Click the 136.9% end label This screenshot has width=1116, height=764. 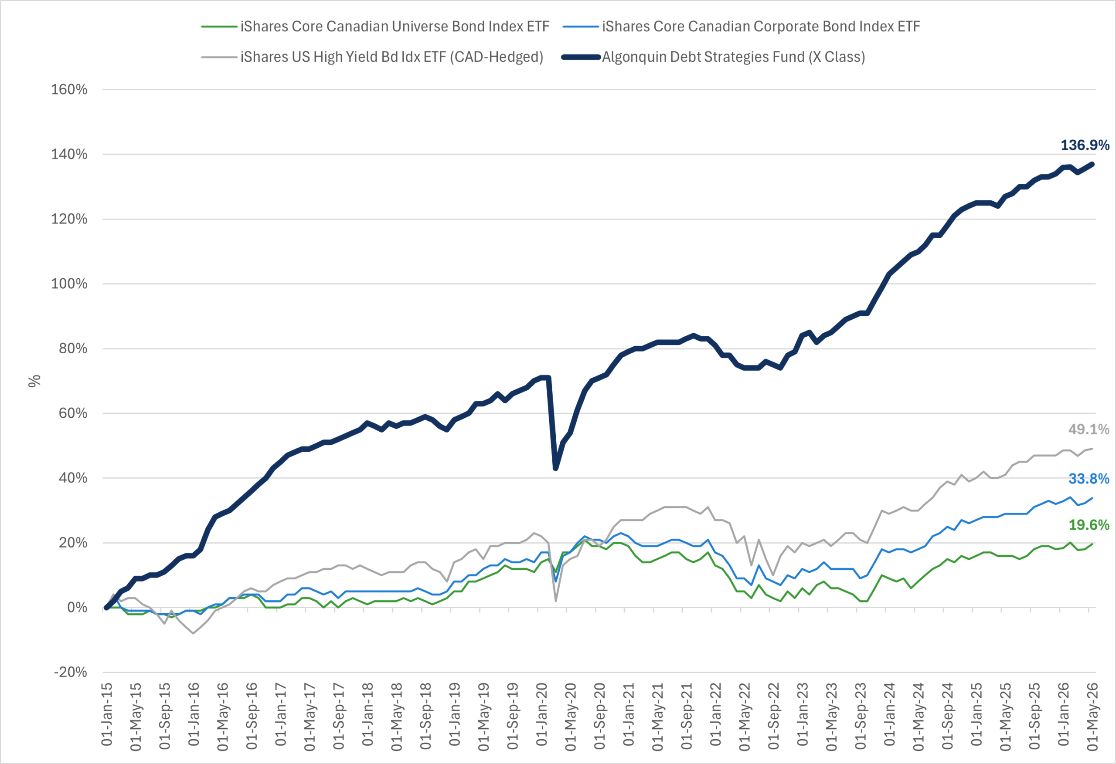click(1085, 145)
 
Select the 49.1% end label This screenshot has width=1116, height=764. click(1089, 429)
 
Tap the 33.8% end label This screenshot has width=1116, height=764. click(1089, 478)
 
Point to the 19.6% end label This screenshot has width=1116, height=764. click(1089, 524)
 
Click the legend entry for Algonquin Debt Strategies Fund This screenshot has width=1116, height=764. click(714, 57)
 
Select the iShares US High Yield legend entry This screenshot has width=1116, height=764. click(372, 57)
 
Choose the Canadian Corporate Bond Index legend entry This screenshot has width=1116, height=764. click(742, 27)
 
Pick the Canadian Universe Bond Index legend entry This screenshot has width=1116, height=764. click(375, 27)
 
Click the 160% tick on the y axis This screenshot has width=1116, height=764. click(69, 89)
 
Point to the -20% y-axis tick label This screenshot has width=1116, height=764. click(70, 672)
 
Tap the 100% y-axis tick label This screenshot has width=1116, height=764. click(69, 284)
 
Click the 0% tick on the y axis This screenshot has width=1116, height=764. click(77, 608)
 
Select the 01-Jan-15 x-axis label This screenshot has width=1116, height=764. click(107, 715)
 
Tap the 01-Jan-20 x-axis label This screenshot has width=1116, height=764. click(542, 715)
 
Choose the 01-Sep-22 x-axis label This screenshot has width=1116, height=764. click(774, 716)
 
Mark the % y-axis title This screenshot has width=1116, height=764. click(34, 381)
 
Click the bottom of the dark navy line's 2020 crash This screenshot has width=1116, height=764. click(555, 468)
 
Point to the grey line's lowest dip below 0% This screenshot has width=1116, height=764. click(193, 633)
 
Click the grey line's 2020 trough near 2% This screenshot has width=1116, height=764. click(555, 601)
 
